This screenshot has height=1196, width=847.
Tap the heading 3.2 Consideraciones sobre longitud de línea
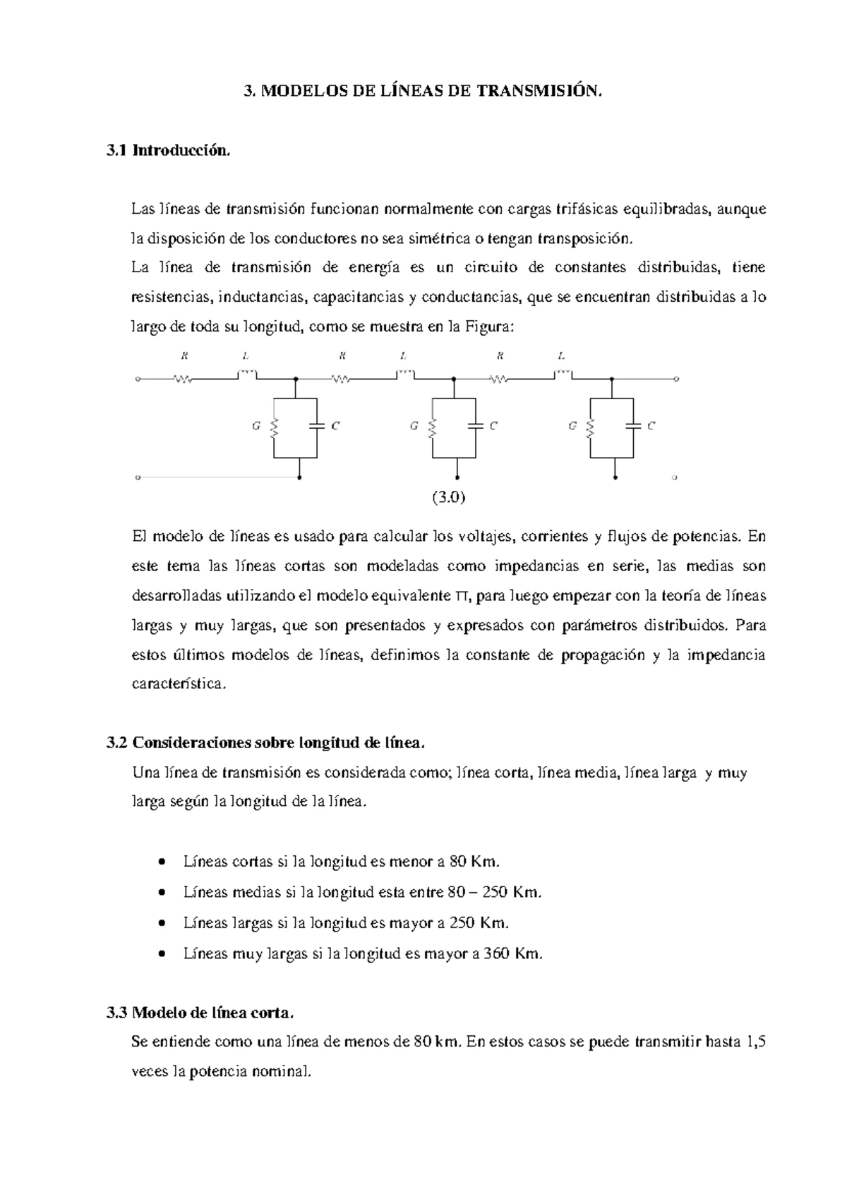[x=265, y=743]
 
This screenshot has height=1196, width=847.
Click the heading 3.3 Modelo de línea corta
[x=198, y=1013]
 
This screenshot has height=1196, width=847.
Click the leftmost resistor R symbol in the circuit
[x=184, y=379]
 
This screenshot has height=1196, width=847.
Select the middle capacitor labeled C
[x=476, y=425]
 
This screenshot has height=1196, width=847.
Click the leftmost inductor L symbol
[x=247, y=373]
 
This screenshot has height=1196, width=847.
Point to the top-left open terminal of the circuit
[x=138, y=379]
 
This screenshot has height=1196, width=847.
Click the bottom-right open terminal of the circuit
[x=675, y=478]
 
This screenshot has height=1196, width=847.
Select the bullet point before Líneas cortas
[x=163, y=862]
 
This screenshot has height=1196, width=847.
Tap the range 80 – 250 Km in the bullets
[x=495, y=892]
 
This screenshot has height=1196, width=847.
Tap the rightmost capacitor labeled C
[x=634, y=425]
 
